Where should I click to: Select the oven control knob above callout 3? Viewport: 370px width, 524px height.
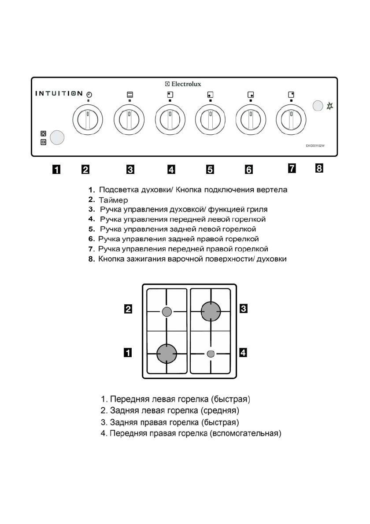[x=129, y=120]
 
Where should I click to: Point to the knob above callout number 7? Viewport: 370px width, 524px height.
[x=291, y=120]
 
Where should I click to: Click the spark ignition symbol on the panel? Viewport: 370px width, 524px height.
[x=330, y=106]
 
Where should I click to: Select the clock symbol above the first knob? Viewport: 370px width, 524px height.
[x=89, y=94]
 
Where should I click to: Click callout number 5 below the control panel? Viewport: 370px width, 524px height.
[x=210, y=168]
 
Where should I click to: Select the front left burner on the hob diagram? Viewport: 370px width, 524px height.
[x=167, y=353]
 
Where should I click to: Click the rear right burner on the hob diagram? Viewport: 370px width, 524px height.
[x=211, y=312]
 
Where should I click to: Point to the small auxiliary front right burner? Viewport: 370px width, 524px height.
[x=211, y=353]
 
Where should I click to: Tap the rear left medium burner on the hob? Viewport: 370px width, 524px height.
[x=166, y=312]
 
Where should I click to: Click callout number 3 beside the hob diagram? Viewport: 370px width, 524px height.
[x=243, y=309]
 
